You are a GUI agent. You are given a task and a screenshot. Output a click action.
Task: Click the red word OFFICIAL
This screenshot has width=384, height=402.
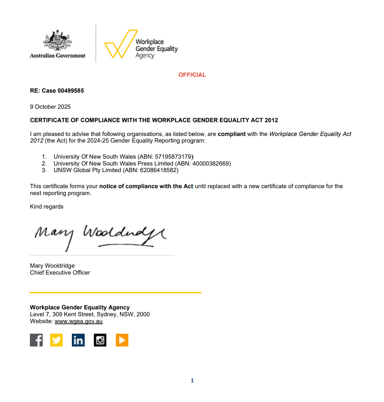(x=192, y=75)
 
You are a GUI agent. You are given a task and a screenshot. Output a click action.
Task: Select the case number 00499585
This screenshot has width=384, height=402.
(x=71, y=91)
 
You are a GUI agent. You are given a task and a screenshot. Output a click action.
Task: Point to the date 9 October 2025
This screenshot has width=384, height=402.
(x=50, y=107)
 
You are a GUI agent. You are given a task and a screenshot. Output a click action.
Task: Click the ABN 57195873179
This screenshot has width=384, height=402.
(x=173, y=157)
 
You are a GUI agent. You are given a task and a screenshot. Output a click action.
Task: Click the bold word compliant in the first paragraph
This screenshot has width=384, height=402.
(x=231, y=134)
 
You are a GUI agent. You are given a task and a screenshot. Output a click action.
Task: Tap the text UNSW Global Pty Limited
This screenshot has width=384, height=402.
(x=87, y=170)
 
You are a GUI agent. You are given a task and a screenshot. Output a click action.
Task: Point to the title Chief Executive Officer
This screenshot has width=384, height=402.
(x=60, y=273)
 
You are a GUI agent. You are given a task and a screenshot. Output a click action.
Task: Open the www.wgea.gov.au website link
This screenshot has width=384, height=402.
(x=78, y=321)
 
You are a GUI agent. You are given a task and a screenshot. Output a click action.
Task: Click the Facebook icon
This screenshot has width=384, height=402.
(x=36, y=340)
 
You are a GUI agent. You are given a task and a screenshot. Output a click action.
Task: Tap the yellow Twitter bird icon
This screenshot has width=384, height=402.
(x=56, y=340)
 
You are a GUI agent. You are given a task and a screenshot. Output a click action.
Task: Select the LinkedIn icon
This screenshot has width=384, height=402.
(x=78, y=340)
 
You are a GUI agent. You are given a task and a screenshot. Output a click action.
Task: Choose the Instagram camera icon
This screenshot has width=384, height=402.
(x=100, y=340)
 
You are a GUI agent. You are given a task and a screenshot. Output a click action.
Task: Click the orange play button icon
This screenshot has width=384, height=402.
(x=122, y=340)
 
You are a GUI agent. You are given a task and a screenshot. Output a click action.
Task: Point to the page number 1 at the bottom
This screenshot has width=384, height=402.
(x=192, y=381)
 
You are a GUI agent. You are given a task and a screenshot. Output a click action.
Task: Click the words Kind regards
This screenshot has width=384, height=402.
(x=47, y=207)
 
